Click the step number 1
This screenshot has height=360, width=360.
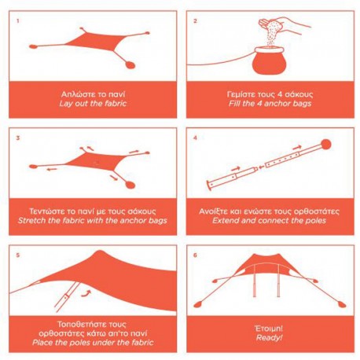click(x=18, y=21)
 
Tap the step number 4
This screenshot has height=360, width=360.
click(x=195, y=138)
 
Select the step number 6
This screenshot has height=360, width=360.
click(x=195, y=255)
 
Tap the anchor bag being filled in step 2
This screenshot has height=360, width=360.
click(x=268, y=61)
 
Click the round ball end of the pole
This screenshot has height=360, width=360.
click(x=326, y=145)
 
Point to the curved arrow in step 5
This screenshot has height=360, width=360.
click(x=86, y=293)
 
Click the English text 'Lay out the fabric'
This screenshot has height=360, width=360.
click(x=93, y=104)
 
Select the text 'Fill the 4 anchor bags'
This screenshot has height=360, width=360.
click(x=270, y=104)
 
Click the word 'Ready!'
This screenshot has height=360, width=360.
click(x=270, y=337)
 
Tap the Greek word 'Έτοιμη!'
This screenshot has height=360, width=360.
click(x=269, y=329)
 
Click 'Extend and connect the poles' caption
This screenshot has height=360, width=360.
click(x=270, y=220)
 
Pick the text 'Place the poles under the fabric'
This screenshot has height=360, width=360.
click(x=93, y=343)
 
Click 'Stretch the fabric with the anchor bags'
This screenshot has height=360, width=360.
click(x=93, y=220)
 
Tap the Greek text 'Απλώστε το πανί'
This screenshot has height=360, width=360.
click(x=94, y=94)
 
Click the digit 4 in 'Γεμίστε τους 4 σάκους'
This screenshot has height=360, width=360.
click(x=280, y=94)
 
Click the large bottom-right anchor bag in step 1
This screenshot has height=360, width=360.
click(x=130, y=64)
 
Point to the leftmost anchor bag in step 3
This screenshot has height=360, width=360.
click(x=33, y=167)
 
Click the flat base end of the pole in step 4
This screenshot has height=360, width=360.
click(x=209, y=186)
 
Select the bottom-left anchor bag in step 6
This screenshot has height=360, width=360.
click(x=198, y=305)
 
